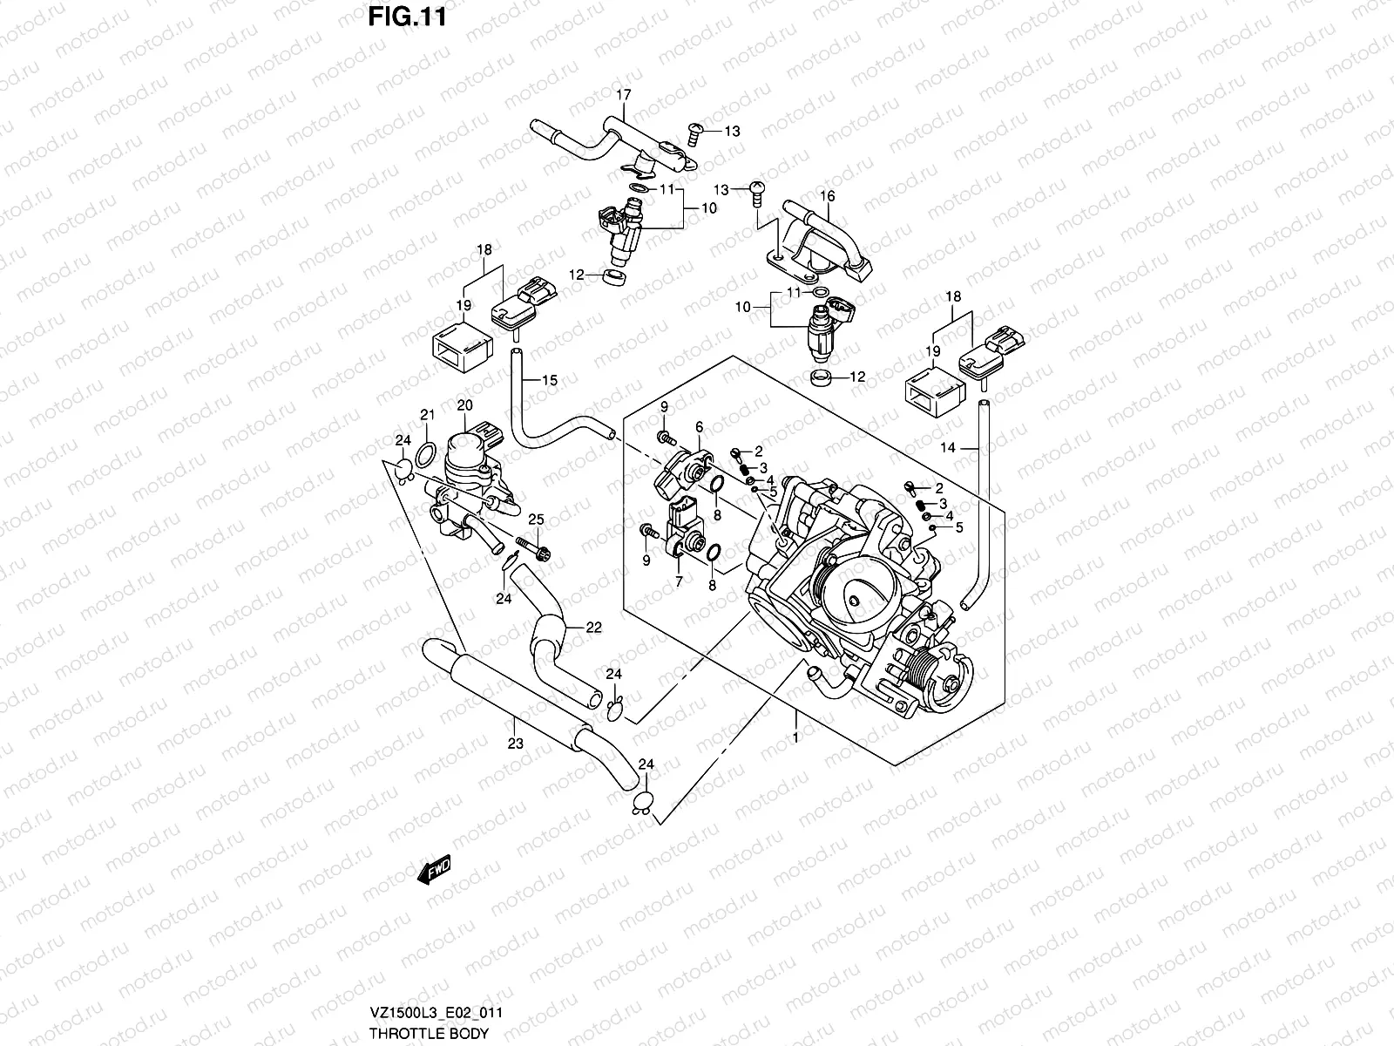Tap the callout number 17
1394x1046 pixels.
[x=624, y=94]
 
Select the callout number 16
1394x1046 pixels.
[x=828, y=196]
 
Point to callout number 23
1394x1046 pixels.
[x=515, y=744]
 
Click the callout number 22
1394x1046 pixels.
[x=593, y=627]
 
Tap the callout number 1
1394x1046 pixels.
[x=796, y=737]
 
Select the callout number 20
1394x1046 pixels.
[x=464, y=405]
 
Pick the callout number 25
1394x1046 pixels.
[x=536, y=520]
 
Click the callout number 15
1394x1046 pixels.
[x=549, y=380]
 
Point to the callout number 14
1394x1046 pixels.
[x=949, y=447]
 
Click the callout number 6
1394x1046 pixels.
[x=699, y=425]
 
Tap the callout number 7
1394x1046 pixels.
[x=678, y=581]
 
